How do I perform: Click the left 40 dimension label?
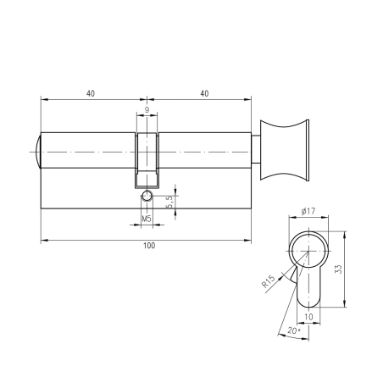[x=91, y=93]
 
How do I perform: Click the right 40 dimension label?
[x=204, y=93]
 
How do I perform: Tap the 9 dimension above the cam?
[x=147, y=109]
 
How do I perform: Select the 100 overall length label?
[x=149, y=246]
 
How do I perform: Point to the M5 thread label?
[x=147, y=219]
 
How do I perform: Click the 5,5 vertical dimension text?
[x=169, y=202]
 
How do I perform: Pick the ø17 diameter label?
[x=308, y=211]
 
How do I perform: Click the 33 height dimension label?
[x=338, y=269]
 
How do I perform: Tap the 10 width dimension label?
[x=308, y=317]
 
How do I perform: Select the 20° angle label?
[x=294, y=330]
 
